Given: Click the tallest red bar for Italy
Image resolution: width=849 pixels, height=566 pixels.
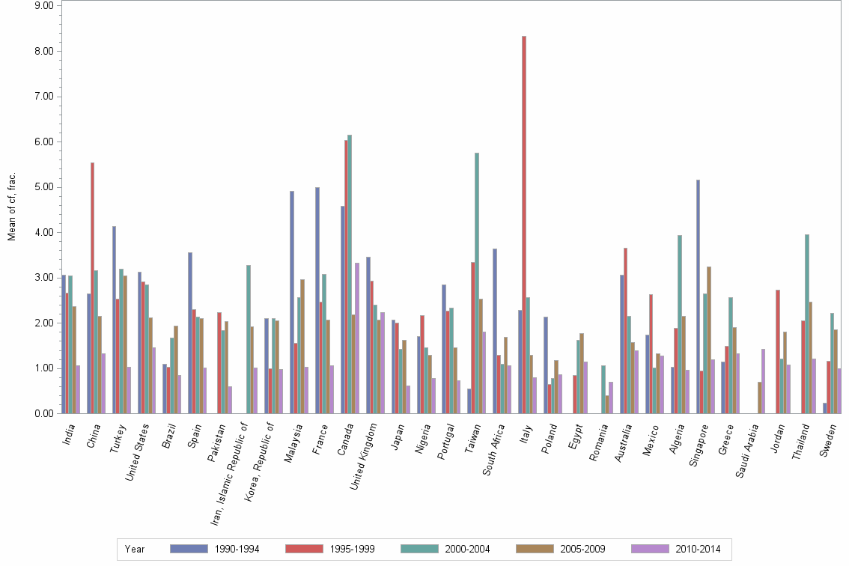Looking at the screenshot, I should click(524, 225).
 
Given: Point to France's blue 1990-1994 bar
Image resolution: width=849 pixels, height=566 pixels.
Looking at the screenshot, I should click(317, 300).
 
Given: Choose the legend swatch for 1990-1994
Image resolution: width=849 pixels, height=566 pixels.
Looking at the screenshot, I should click(189, 549).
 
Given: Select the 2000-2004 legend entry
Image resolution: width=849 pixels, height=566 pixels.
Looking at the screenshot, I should click(466, 549).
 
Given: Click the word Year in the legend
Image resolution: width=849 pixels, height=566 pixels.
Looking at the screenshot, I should click(135, 549).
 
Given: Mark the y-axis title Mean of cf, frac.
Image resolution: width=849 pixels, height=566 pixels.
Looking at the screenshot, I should click(11, 206).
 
